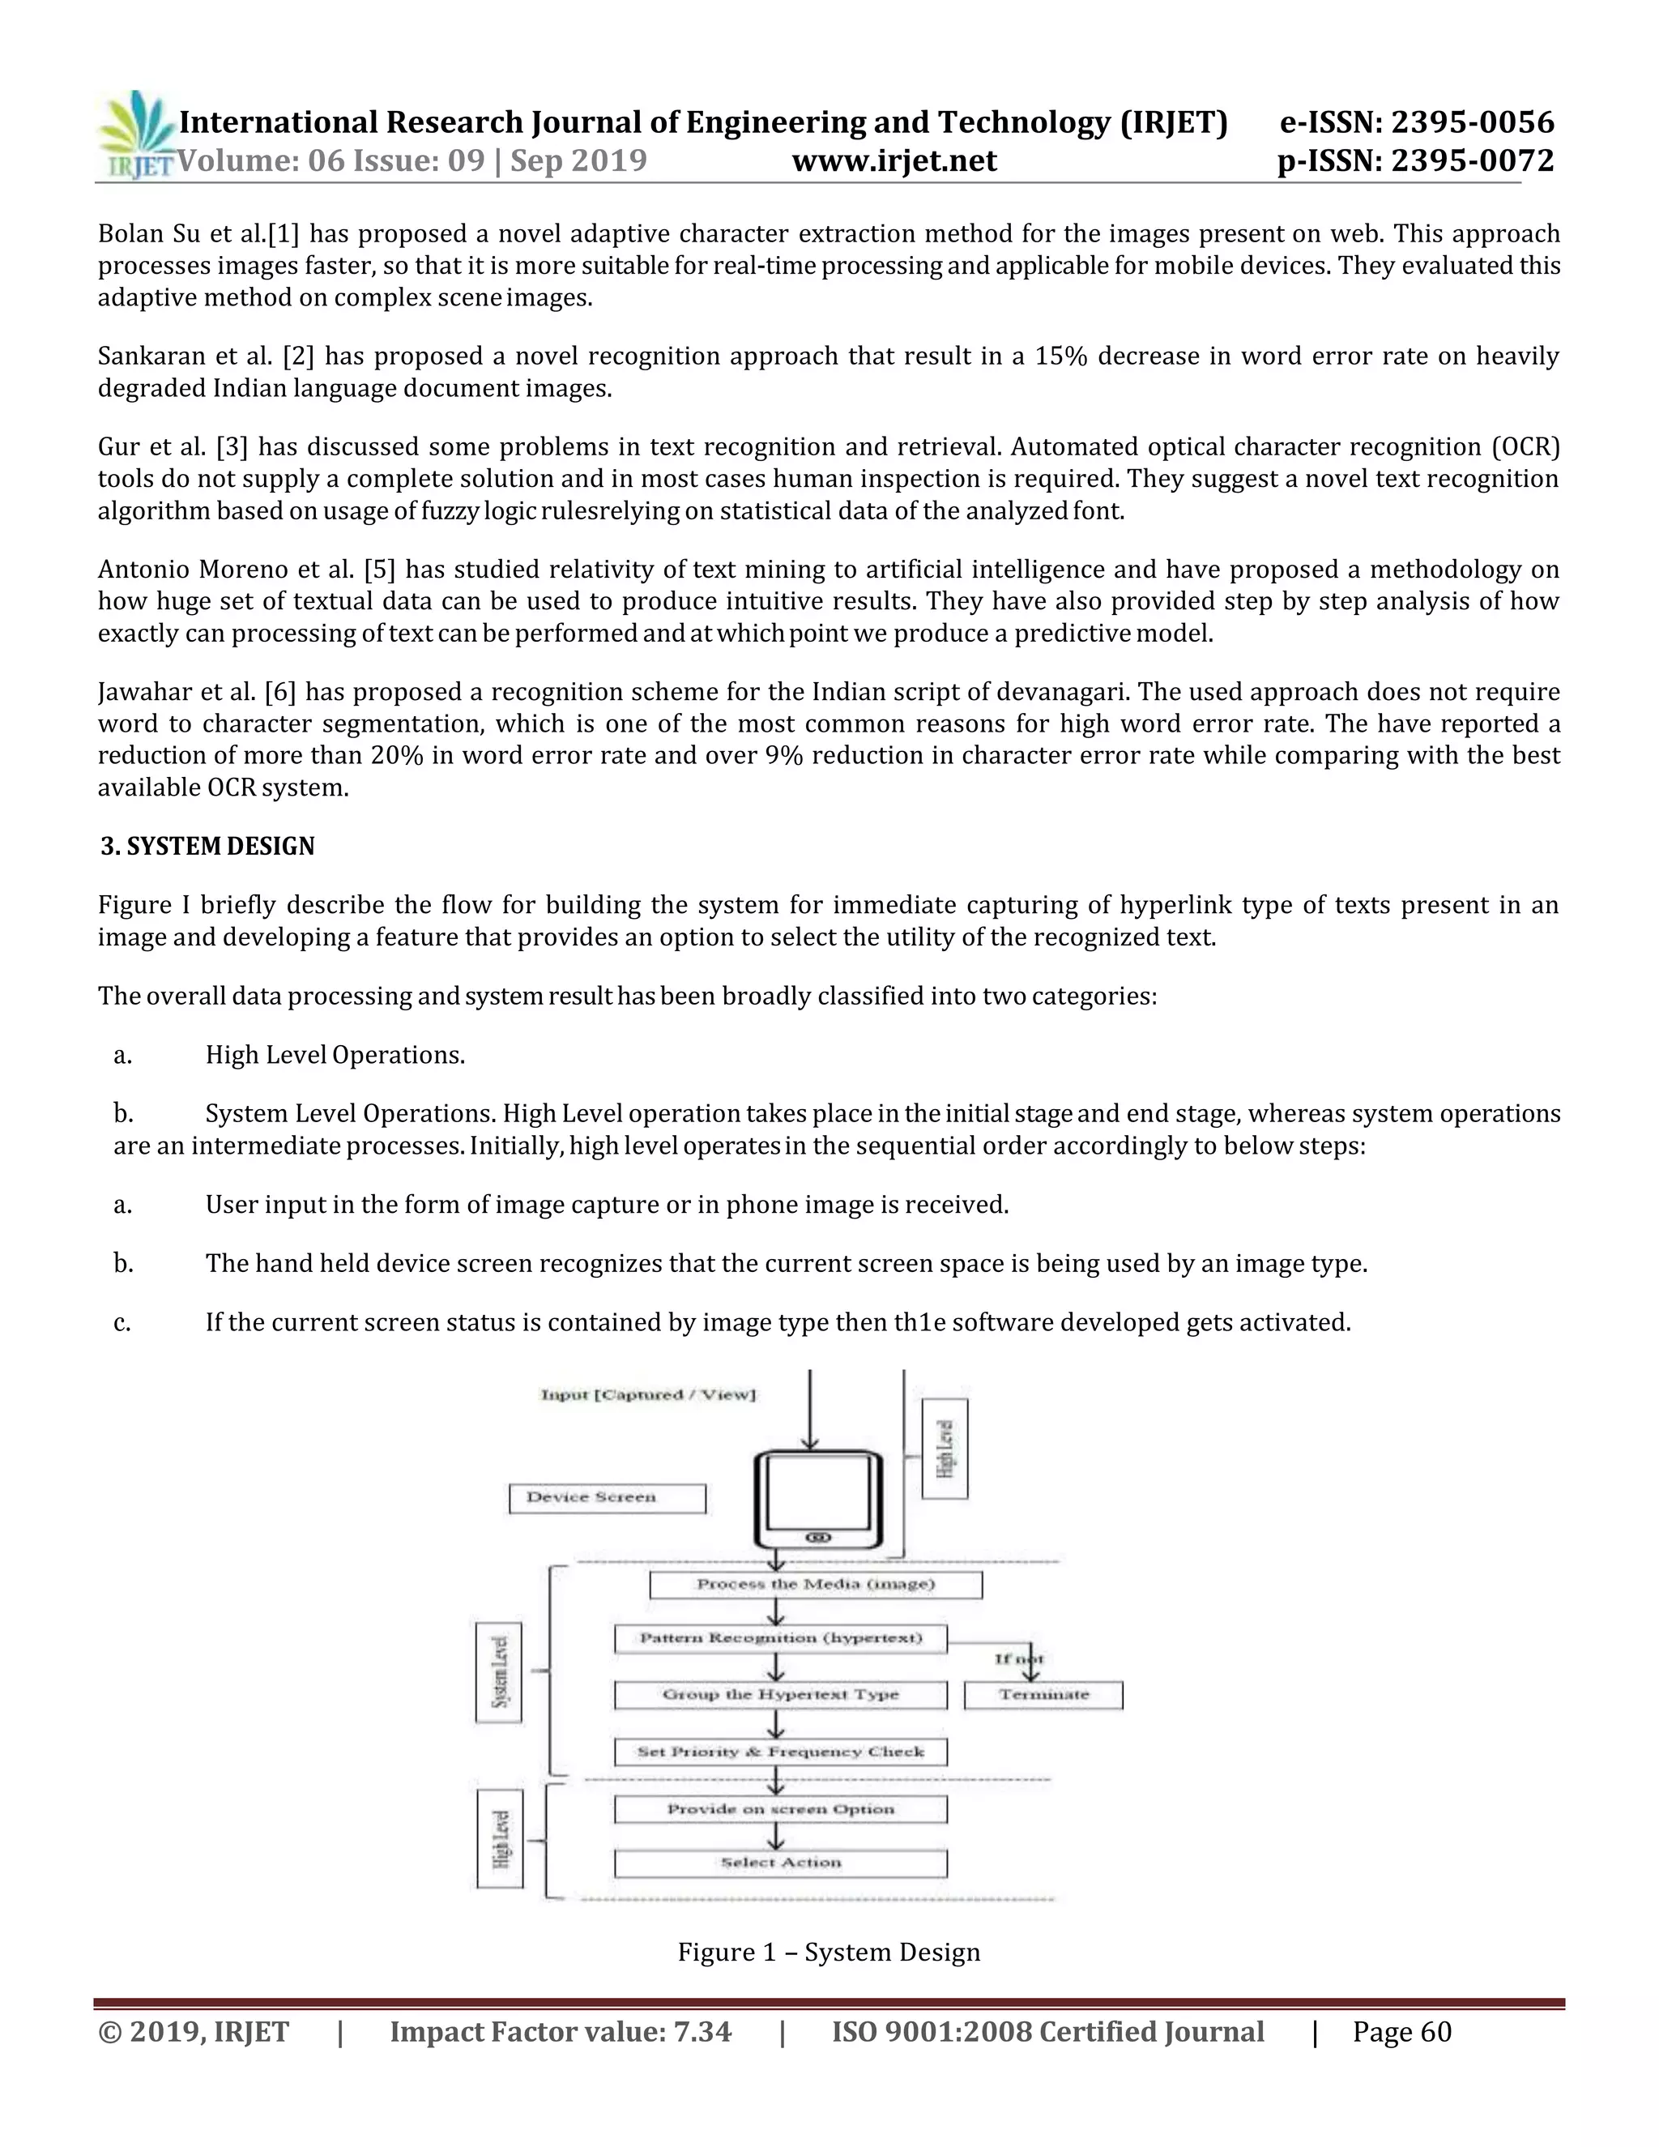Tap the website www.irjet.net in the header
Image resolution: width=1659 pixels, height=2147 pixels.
tap(894, 160)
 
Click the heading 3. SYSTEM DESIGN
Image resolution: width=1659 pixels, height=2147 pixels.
tap(207, 847)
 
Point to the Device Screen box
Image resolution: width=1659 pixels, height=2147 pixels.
tap(607, 1498)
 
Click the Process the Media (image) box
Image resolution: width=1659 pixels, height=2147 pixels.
tap(815, 1585)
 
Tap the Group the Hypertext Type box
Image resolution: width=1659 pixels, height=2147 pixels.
tap(780, 1695)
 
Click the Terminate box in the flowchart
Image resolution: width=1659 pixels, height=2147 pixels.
tap(1043, 1695)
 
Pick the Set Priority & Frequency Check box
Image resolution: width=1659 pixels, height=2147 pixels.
tap(780, 1752)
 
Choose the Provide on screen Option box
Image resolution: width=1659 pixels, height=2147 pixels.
tap(780, 1809)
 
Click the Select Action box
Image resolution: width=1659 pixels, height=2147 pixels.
tap(780, 1863)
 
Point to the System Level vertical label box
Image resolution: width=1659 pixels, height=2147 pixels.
tap(498, 1672)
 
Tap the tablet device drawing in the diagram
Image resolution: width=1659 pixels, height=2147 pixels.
tap(817, 1499)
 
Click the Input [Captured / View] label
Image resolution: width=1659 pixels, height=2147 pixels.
tap(648, 1395)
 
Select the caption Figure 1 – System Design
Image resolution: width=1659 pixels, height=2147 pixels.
tap(829, 1952)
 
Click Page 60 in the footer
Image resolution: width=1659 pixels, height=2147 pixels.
tap(1401, 2032)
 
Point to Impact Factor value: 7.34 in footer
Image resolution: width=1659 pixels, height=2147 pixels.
tap(561, 2032)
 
